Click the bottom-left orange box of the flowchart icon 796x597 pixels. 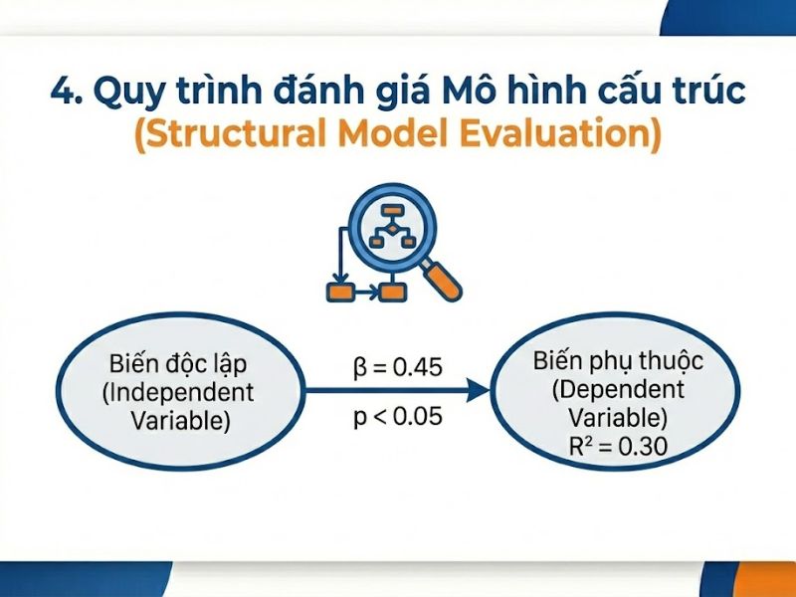[x=341, y=292]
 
